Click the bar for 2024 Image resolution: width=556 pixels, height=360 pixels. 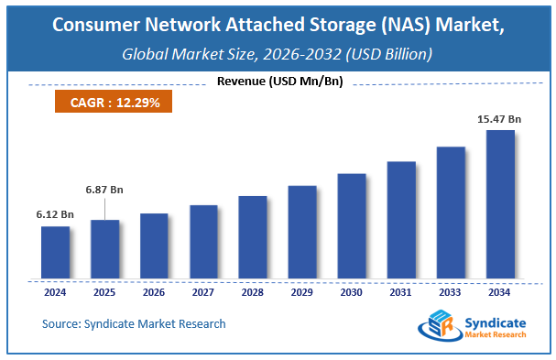click(55, 253)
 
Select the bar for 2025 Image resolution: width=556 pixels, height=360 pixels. click(104, 249)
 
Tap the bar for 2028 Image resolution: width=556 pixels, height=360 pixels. click(253, 237)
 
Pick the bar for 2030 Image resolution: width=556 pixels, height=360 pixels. click(352, 226)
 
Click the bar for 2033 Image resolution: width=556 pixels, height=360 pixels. click(451, 213)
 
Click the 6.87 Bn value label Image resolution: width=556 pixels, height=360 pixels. click(104, 190)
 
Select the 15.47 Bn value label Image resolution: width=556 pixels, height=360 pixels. click(500, 119)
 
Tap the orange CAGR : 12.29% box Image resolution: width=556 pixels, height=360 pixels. click(114, 103)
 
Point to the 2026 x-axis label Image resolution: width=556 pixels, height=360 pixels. click(154, 293)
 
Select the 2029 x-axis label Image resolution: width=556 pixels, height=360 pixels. click(302, 293)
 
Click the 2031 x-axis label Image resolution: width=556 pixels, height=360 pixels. click(401, 293)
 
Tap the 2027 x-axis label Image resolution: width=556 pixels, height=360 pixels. click(203, 293)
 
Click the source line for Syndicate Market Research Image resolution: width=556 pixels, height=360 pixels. click(134, 323)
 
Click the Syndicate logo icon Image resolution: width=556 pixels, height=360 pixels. click(436, 325)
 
